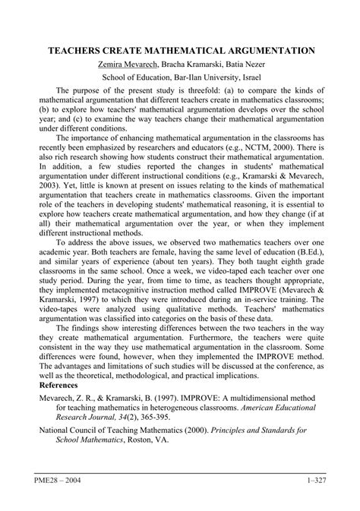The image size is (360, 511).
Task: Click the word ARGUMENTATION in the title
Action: [x=266, y=52]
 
